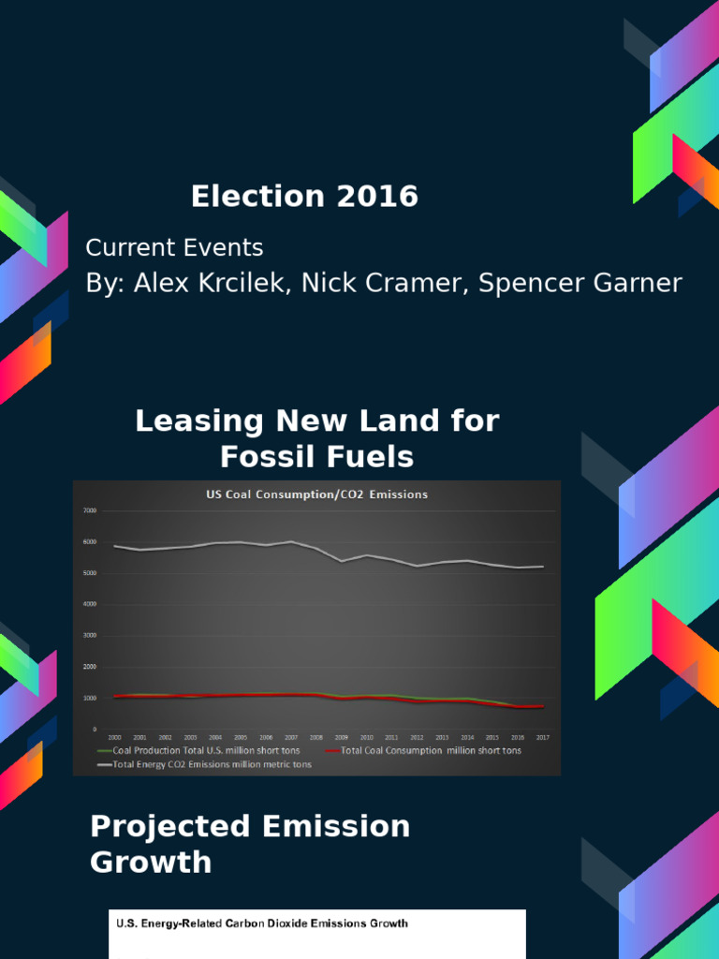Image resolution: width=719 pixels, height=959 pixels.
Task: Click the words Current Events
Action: point(174,248)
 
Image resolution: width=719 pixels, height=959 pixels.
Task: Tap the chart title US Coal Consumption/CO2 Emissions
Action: point(316,494)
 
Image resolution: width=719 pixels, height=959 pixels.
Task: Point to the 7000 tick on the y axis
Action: point(90,511)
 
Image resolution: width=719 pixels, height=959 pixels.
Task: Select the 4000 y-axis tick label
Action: point(90,605)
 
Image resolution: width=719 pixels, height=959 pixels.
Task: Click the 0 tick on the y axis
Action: point(95,730)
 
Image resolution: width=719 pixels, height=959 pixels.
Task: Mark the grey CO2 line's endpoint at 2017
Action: point(541,567)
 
